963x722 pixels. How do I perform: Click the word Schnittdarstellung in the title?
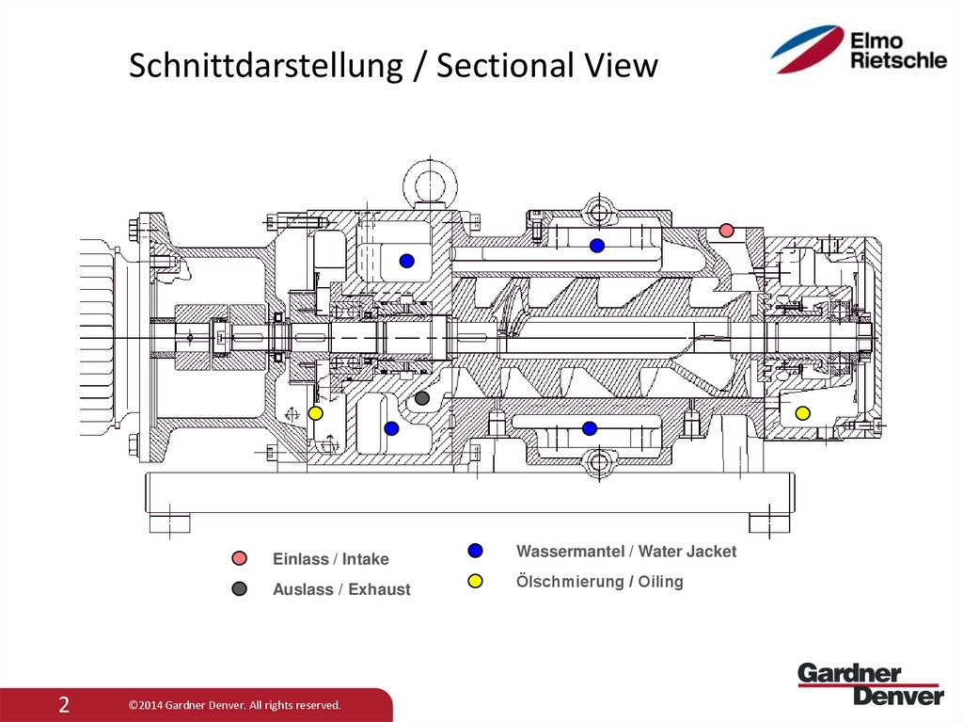click(262, 67)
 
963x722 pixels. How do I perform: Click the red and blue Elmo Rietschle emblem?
click(807, 50)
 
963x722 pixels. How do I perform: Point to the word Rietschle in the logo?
click(898, 61)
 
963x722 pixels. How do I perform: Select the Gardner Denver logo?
click(870, 684)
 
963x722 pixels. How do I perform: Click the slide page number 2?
click(64, 705)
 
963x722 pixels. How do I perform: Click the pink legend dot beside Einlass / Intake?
click(240, 559)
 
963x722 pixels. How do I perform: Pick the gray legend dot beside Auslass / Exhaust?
click(240, 589)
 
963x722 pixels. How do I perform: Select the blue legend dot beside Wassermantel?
click(475, 551)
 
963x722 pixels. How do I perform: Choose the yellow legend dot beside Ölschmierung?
click(475, 581)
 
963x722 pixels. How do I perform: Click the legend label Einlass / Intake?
click(330, 559)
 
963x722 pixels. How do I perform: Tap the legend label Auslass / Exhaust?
click(341, 589)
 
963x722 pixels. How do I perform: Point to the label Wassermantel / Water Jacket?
click(626, 551)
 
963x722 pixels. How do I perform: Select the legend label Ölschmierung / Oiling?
click(600, 581)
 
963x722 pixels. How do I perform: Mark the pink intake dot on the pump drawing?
click(725, 231)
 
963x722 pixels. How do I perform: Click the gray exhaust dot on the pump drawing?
click(422, 399)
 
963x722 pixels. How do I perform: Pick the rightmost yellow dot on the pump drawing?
click(802, 413)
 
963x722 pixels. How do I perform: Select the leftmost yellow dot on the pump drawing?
click(316, 413)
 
